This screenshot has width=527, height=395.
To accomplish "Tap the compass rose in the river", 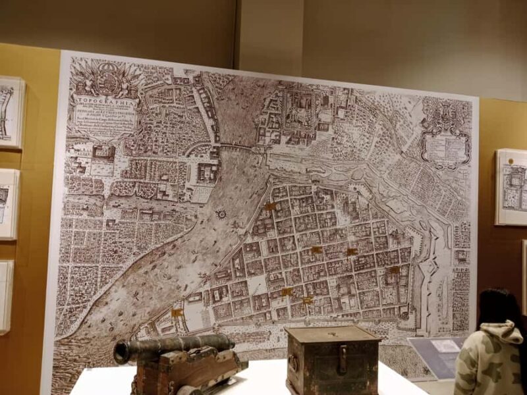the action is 221,214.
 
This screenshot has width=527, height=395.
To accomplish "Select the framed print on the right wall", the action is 511,186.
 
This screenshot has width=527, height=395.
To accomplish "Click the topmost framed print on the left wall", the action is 11,111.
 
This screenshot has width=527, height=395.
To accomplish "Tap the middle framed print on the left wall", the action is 8,203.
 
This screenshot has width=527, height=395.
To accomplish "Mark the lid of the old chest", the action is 333,334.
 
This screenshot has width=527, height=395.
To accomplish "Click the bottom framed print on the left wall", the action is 5,296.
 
